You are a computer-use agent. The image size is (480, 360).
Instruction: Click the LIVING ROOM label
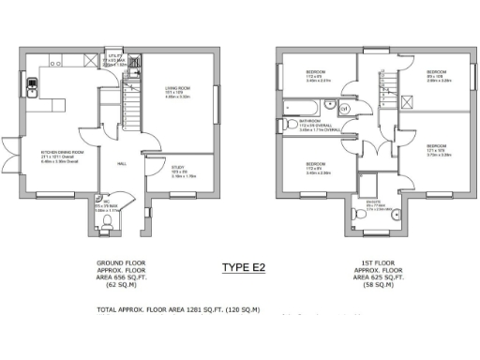pos(178,93)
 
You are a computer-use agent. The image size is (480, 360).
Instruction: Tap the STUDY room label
pos(181,172)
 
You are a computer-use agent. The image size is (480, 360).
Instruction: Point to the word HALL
pos(121,164)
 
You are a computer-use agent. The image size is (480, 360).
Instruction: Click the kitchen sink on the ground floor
pos(32,88)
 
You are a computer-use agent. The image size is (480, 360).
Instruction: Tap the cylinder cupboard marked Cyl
pos(343,109)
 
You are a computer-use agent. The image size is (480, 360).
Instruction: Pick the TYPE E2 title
pos(243,269)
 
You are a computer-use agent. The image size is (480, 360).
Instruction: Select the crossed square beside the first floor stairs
pos(409,103)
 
